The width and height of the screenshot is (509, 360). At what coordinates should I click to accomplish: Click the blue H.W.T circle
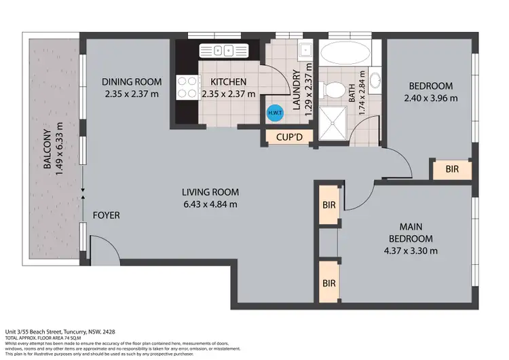pyautogui.click(x=276, y=113)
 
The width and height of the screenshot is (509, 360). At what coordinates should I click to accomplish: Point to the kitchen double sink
pyautogui.click(x=224, y=50)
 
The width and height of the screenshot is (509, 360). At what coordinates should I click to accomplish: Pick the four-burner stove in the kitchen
pyautogui.click(x=187, y=87)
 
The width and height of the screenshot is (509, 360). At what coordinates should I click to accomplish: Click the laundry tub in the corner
pyautogui.click(x=305, y=49)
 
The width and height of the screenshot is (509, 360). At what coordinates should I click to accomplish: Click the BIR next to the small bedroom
pyautogui.click(x=452, y=170)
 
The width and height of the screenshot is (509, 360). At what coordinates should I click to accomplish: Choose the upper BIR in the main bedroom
pyautogui.click(x=329, y=204)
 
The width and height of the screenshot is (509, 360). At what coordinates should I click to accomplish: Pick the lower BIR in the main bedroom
pyautogui.click(x=329, y=282)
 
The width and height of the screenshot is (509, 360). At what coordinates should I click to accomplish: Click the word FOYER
pyautogui.click(x=106, y=215)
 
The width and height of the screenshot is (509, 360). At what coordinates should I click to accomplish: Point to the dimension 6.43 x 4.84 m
pyautogui.click(x=209, y=204)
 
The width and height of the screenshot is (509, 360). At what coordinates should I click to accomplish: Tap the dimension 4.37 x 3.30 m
pyautogui.click(x=410, y=250)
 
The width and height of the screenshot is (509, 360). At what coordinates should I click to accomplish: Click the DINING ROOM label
pyautogui.click(x=130, y=82)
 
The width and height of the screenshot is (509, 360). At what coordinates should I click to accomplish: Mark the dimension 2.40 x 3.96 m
pyautogui.click(x=430, y=97)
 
